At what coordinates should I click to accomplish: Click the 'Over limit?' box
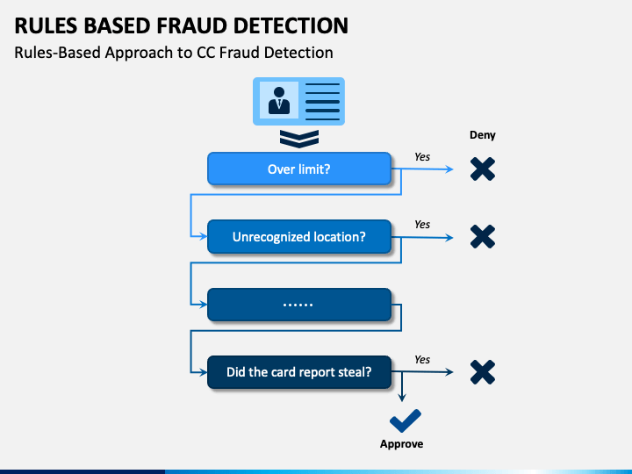pos(299,169)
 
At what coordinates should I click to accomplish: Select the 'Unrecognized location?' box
pos(299,237)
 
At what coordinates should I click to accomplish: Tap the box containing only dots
pos(299,305)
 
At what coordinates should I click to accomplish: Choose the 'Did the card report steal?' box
pos(299,372)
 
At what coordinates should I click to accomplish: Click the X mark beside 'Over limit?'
pos(483,169)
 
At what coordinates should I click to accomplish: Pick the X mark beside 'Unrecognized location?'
pos(483,237)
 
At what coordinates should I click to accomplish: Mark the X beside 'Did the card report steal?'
pos(483,372)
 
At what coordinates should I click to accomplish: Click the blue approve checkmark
pos(406,420)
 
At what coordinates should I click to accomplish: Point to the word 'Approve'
pos(401,444)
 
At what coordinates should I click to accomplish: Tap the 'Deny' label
pos(483,135)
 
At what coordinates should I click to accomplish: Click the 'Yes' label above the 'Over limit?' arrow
pos(422,157)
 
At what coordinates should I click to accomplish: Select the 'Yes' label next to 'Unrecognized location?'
pos(422,224)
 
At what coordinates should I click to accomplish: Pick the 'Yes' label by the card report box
pos(422,359)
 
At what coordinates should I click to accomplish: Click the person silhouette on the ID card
pos(279,100)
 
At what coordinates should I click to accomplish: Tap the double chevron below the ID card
pos(299,139)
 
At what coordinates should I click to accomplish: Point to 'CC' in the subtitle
pos(205,53)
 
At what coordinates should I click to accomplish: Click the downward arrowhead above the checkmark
pos(401,398)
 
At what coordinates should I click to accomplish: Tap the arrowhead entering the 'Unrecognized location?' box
pos(203,237)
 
